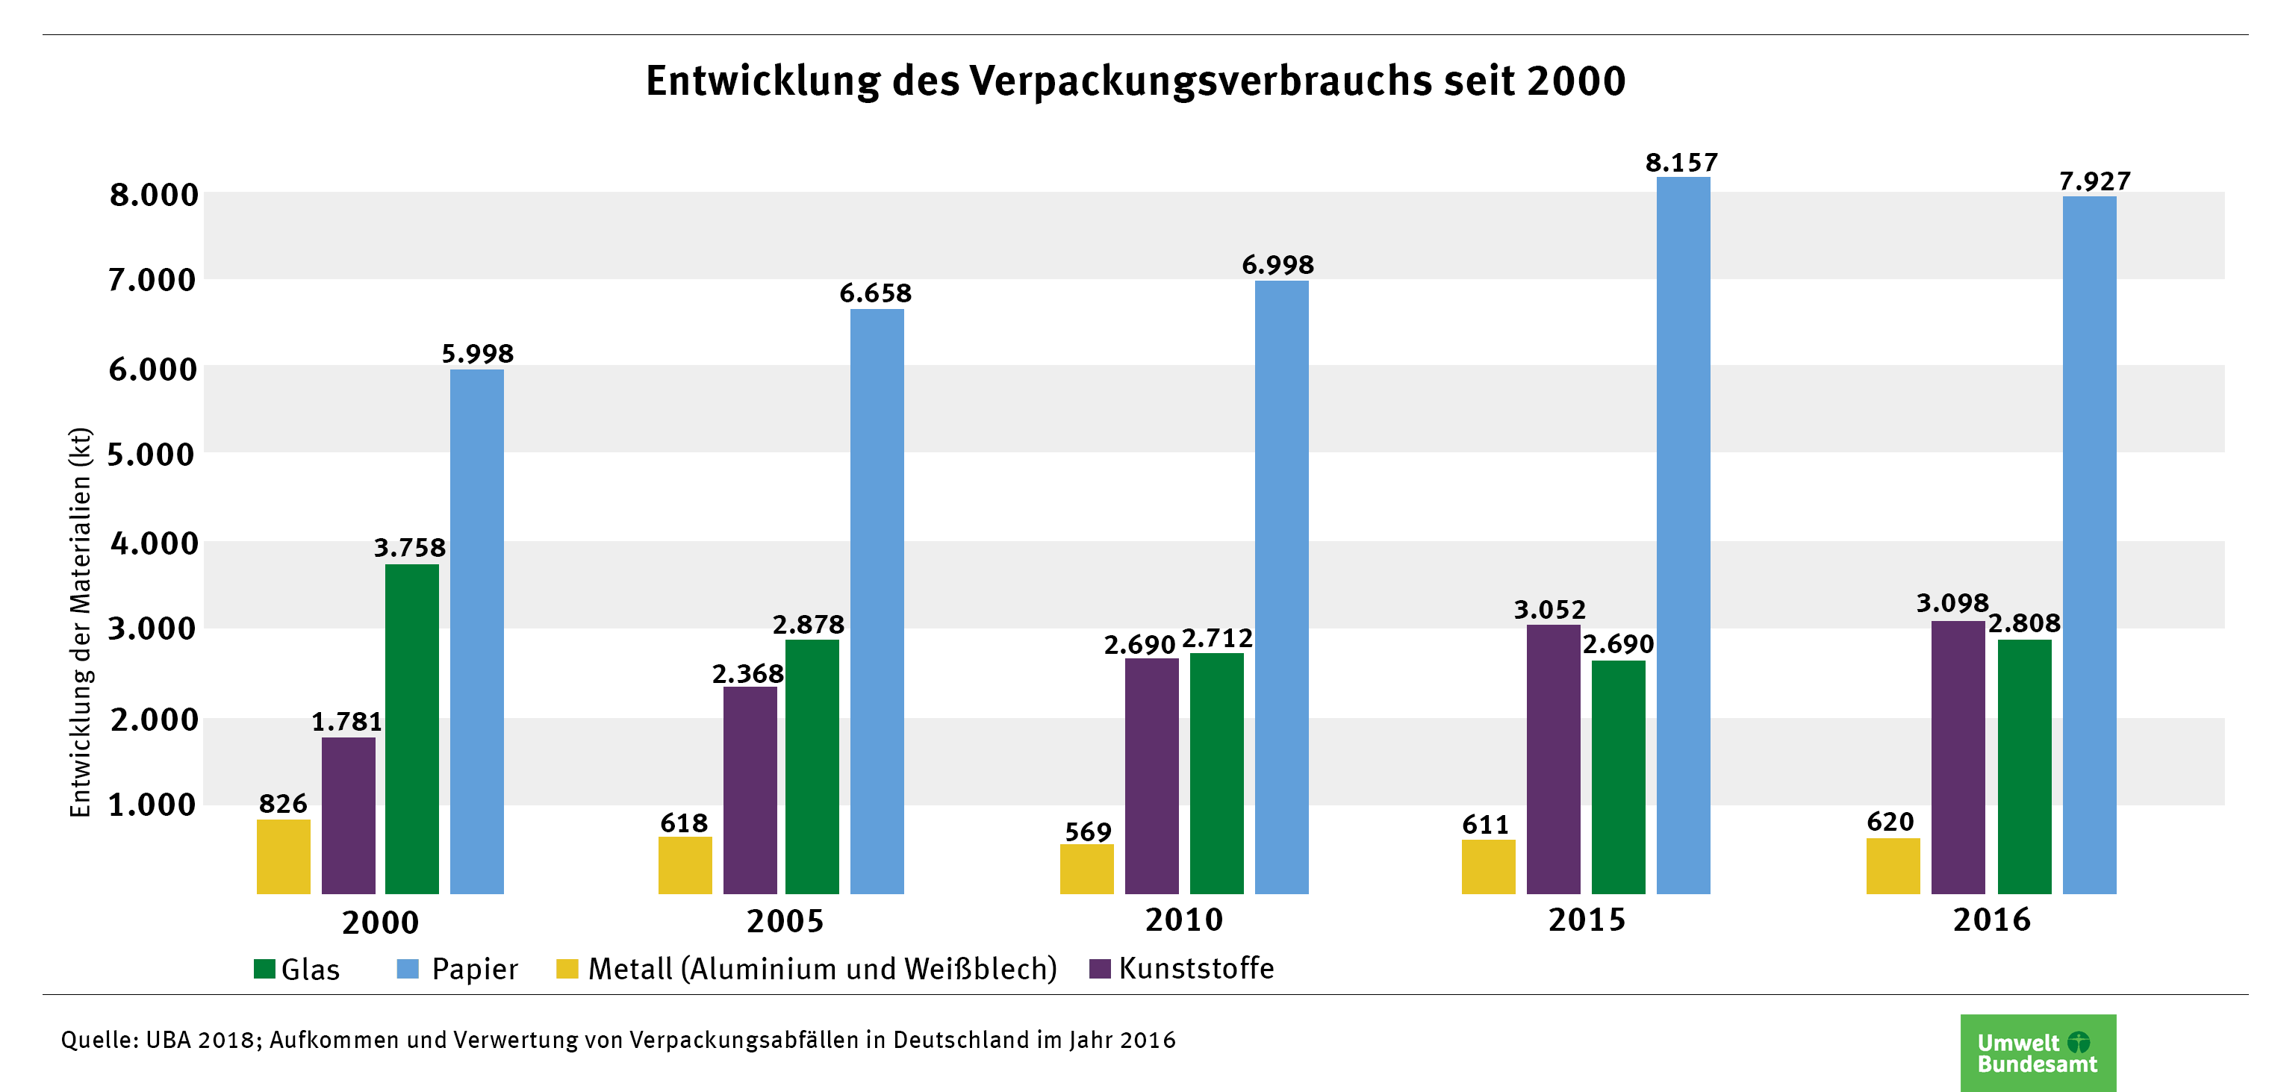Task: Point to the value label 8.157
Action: pos(1681,162)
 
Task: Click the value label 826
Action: pos(283,804)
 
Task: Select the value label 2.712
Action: pos(1217,637)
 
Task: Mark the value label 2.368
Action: pos(748,674)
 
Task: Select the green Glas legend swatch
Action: pos(264,969)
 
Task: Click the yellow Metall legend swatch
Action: pos(567,969)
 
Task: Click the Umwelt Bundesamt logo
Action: pos(2038,1052)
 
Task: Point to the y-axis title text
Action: pos(80,622)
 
